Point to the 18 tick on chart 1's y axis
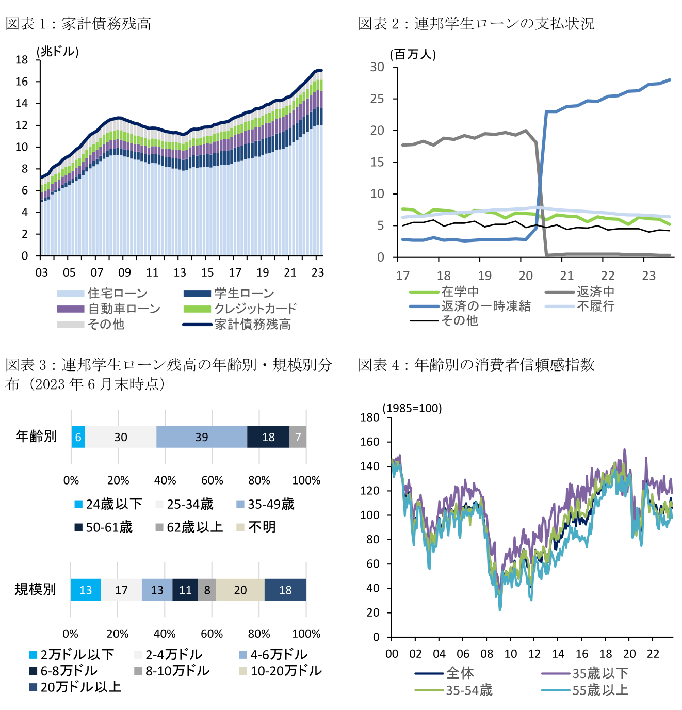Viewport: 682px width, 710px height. [x=22, y=60]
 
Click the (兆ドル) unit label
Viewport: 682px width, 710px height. [x=58, y=52]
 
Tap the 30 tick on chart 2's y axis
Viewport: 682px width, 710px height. [x=377, y=67]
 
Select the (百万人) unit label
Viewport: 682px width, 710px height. [x=413, y=54]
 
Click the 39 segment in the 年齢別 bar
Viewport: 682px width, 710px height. [x=202, y=437]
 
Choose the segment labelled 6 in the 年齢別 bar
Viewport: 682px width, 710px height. [x=78, y=437]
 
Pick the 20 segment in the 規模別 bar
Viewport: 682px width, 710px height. [x=240, y=590]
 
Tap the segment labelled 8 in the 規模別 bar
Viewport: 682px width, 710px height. [x=207, y=590]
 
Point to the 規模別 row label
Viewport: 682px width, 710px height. [x=35, y=589]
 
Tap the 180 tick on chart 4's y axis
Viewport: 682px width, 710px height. [x=369, y=417]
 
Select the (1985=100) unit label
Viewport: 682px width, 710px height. [x=412, y=408]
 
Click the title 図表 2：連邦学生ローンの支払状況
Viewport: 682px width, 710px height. [x=476, y=23]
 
